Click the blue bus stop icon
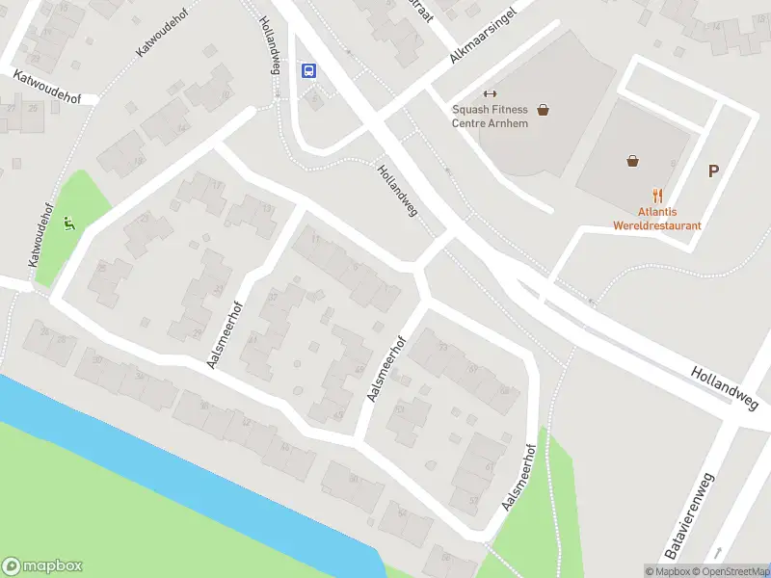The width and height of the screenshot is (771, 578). (x=309, y=70)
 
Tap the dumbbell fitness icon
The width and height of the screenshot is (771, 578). (x=489, y=93)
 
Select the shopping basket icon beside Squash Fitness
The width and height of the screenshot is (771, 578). (x=544, y=110)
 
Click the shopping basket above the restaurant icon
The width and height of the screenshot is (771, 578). (x=632, y=161)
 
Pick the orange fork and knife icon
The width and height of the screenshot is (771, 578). (x=657, y=195)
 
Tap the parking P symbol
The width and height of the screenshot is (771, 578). (x=714, y=171)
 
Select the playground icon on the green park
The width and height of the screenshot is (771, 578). (x=68, y=224)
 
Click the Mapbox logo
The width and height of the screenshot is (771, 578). (x=42, y=566)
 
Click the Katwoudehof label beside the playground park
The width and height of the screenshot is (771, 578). (x=40, y=234)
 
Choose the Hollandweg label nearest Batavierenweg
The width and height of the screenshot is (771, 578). (x=726, y=385)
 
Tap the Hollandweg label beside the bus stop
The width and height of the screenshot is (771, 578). (x=270, y=44)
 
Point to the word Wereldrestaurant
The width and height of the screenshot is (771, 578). (x=656, y=225)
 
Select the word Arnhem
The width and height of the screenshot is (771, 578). (x=508, y=123)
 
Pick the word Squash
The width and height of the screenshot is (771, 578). (x=470, y=110)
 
